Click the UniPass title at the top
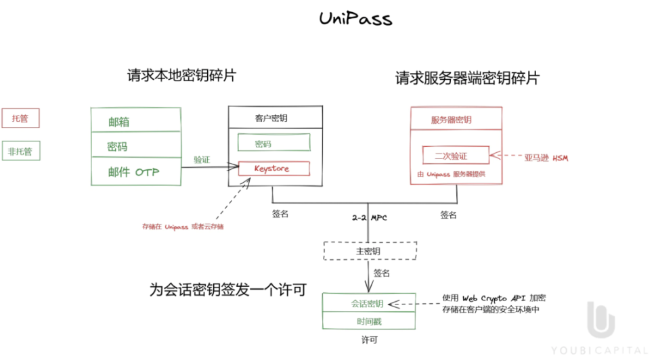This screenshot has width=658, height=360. [x=355, y=18]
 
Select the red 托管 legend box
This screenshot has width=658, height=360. [x=20, y=118]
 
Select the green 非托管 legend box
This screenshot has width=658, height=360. [x=20, y=152]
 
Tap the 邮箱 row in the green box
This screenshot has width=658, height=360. [x=136, y=122]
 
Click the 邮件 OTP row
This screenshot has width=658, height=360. [x=136, y=172]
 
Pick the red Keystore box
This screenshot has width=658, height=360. [x=273, y=168]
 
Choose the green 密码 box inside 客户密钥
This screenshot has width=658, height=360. [x=273, y=144]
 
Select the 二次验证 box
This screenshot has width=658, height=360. [x=455, y=156]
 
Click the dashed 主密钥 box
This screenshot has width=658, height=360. [x=368, y=251]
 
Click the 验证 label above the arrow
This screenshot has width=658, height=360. [x=202, y=160]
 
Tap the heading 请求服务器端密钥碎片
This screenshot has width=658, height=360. [x=467, y=78]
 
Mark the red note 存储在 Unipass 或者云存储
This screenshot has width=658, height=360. [x=183, y=226]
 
